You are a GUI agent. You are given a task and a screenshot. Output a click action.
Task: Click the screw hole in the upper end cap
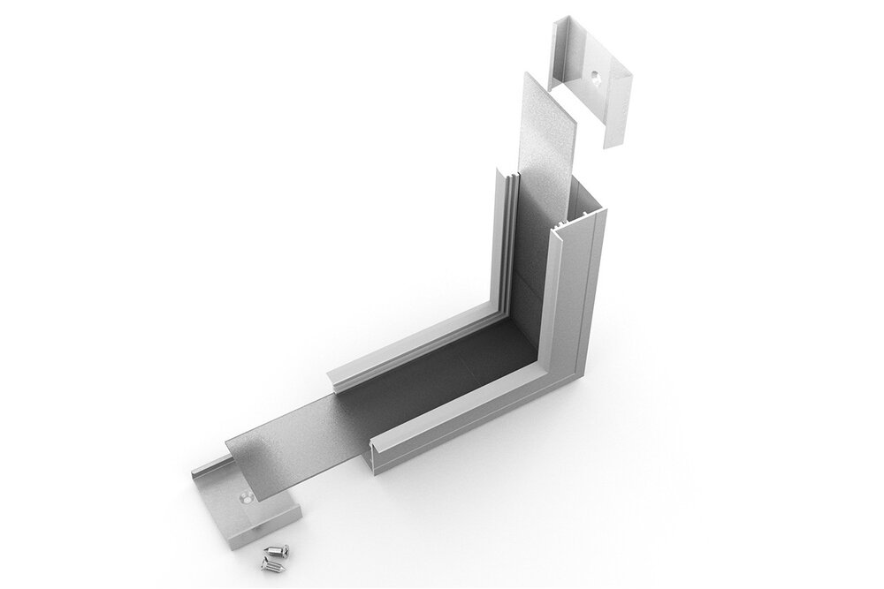(x=595, y=78)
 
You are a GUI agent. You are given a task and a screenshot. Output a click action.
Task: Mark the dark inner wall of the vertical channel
(x=535, y=256)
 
